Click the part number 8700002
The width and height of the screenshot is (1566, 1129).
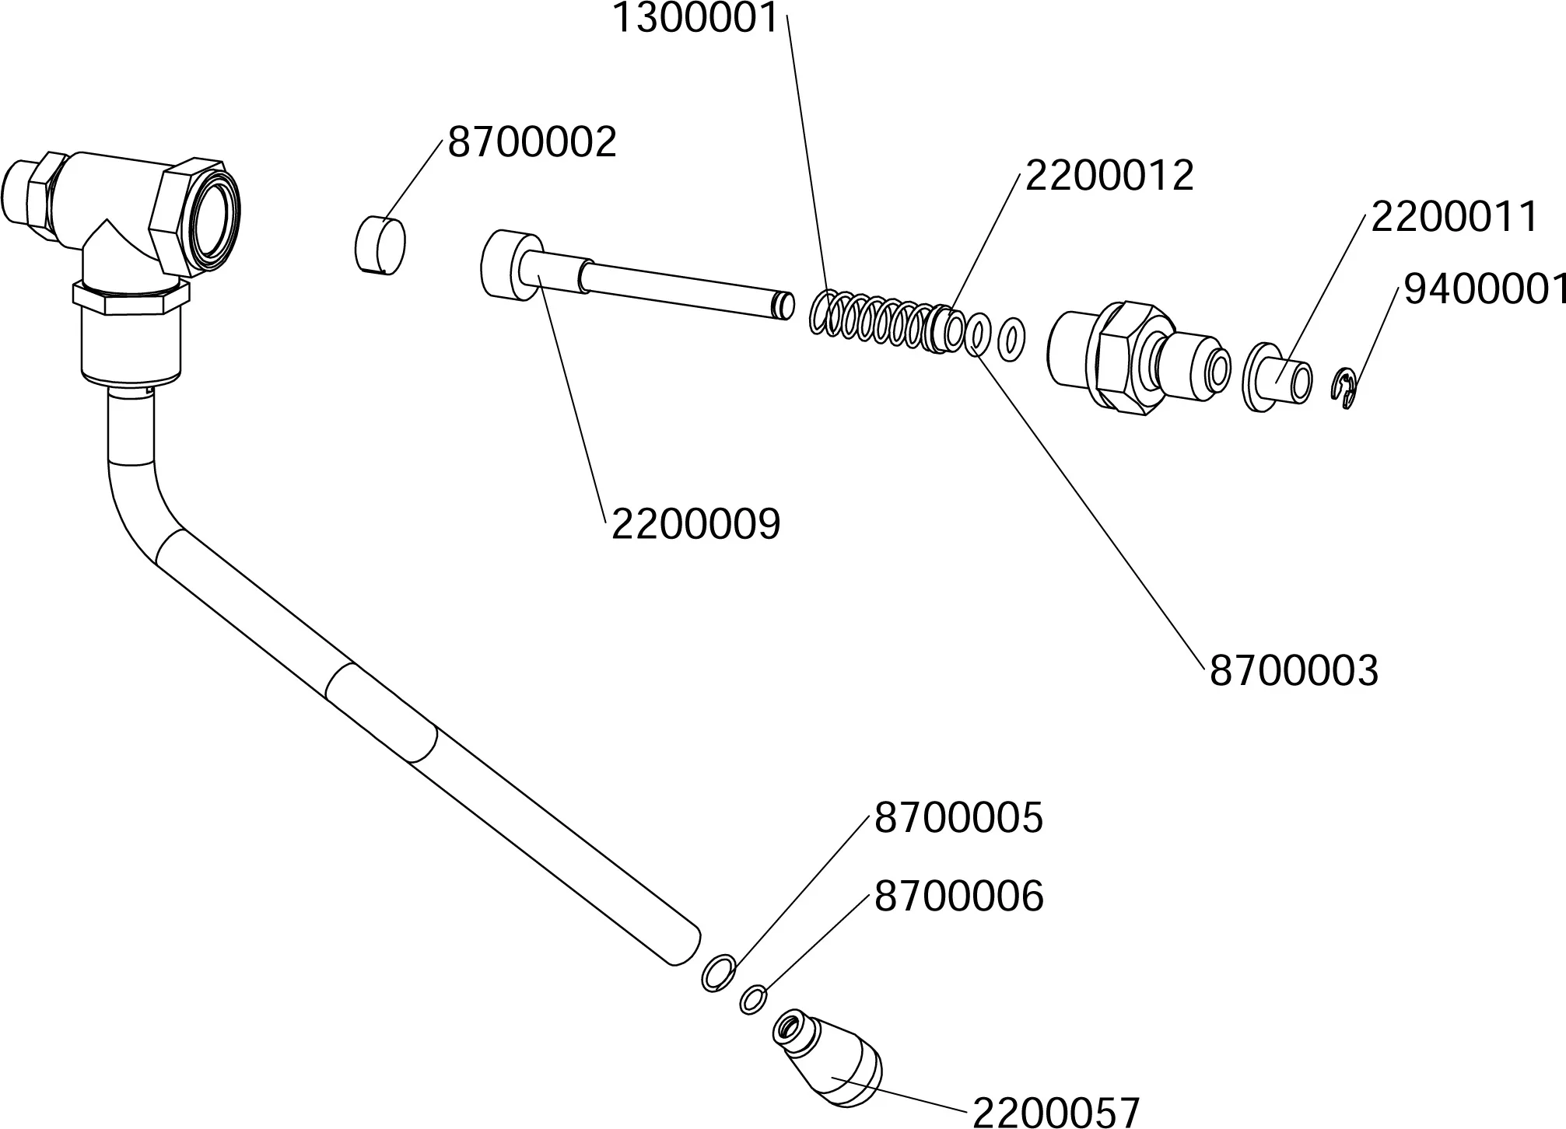point(532,143)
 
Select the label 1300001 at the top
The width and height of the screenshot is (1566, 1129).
point(695,19)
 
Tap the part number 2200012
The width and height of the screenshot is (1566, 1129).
point(1109,176)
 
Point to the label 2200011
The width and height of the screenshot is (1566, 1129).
point(1454,217)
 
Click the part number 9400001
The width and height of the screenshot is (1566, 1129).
point(1484,289)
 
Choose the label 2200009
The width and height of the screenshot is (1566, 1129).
point(695,525)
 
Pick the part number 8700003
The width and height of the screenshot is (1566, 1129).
point(1294,671)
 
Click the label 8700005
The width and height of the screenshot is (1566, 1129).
point(958,819)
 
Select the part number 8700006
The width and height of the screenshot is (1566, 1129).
point(958,897)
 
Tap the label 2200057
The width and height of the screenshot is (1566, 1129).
point(1056,1112)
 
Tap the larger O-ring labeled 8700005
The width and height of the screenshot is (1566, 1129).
point(718,973)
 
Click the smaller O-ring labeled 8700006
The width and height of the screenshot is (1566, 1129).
point(752,999)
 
